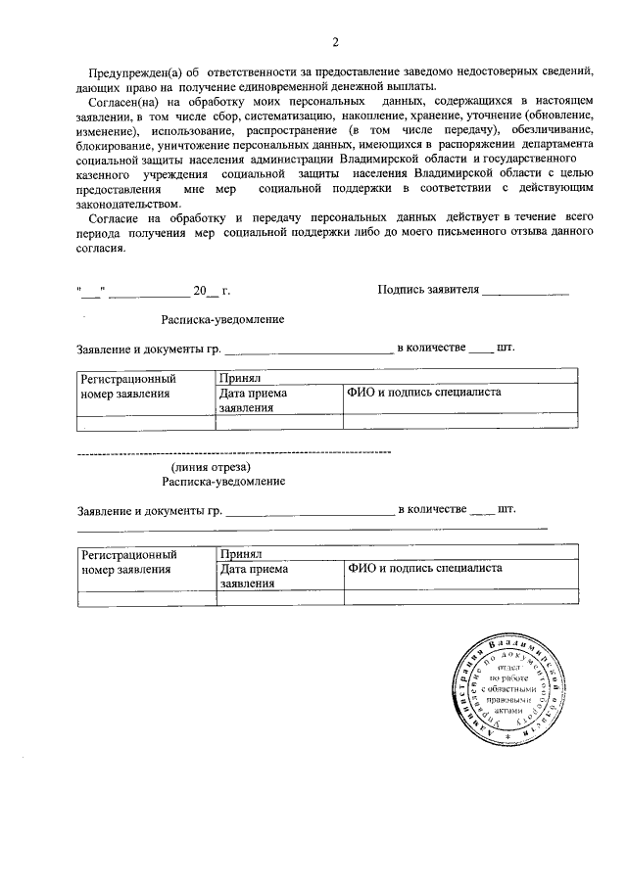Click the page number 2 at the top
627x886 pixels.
click(x=335, y=41)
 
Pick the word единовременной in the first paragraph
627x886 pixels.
click(x=294, y=88)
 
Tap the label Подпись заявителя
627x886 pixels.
click(x=428, y=291)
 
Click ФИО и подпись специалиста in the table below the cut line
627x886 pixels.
click(x=424, y=568)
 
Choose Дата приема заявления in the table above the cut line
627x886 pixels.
click(x=254, y=399)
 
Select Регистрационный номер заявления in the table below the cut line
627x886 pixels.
click(x=128, y=561)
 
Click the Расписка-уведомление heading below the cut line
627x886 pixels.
click(x=224, y=482)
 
